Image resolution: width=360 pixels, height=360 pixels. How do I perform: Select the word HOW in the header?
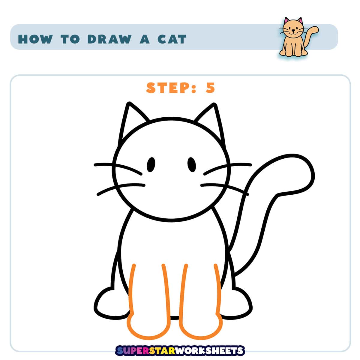tap(35, 39)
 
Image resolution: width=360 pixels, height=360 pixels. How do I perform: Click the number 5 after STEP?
tap(210, 88)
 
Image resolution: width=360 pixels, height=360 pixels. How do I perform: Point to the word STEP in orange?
tap(168, 88)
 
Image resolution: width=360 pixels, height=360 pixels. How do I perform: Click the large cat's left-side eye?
tap(151, 165)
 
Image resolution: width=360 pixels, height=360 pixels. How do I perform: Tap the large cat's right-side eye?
tap(192, 164)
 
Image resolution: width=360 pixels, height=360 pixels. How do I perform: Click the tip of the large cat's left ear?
tap(129, 103)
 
